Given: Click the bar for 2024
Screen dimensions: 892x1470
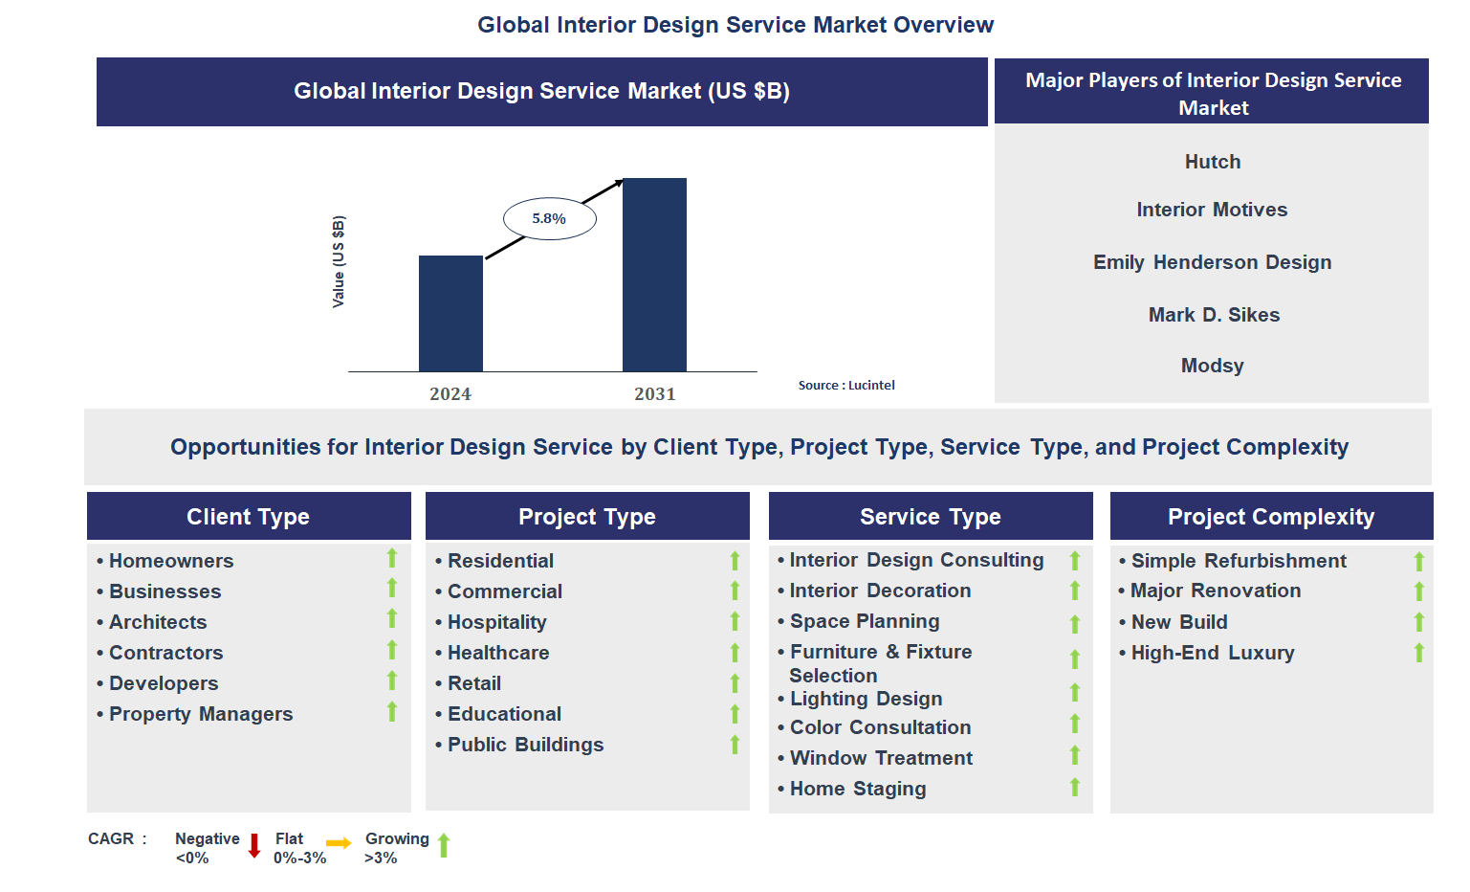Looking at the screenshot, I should [x=450, y=313].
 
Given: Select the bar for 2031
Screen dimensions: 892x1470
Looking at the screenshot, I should [x=654, y=275].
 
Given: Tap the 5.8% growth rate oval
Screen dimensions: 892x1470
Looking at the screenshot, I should [x=550, y=219].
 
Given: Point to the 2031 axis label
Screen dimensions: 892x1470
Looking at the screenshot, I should [x=654, y=394].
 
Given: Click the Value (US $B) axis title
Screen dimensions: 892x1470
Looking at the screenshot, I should [x=339, y=261].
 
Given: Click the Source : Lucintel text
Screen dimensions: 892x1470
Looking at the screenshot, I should [x=846, y=386].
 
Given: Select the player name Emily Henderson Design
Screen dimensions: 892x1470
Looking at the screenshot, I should [x=1212, y=262].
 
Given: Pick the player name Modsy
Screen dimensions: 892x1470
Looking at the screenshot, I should [x=1212, y=366].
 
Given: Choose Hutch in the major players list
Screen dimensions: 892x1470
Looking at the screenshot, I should [x=1212, y=162].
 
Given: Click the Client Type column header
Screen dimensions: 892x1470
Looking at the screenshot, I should [x=249, y=517].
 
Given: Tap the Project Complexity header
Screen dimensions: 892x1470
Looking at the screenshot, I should [x=1271, y=517].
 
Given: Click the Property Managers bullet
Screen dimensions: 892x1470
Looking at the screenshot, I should [x=201, y=714].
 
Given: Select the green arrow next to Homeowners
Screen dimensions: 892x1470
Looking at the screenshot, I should [x=392, y=558].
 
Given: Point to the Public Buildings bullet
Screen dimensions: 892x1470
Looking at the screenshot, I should [x=525, y=745].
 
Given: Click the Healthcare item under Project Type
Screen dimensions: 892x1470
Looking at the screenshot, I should [x=498, y=653].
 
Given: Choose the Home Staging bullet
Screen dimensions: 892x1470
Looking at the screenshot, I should [x=858, y=789].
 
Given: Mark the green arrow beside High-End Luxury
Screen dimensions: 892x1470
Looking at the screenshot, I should [x=1419, y=653].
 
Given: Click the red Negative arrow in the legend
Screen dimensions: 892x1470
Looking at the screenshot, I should [x=254, y=845].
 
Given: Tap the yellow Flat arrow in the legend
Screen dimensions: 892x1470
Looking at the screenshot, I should [x=339, y=843].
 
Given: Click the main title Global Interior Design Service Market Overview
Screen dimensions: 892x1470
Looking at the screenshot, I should [x=735, y=25].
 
